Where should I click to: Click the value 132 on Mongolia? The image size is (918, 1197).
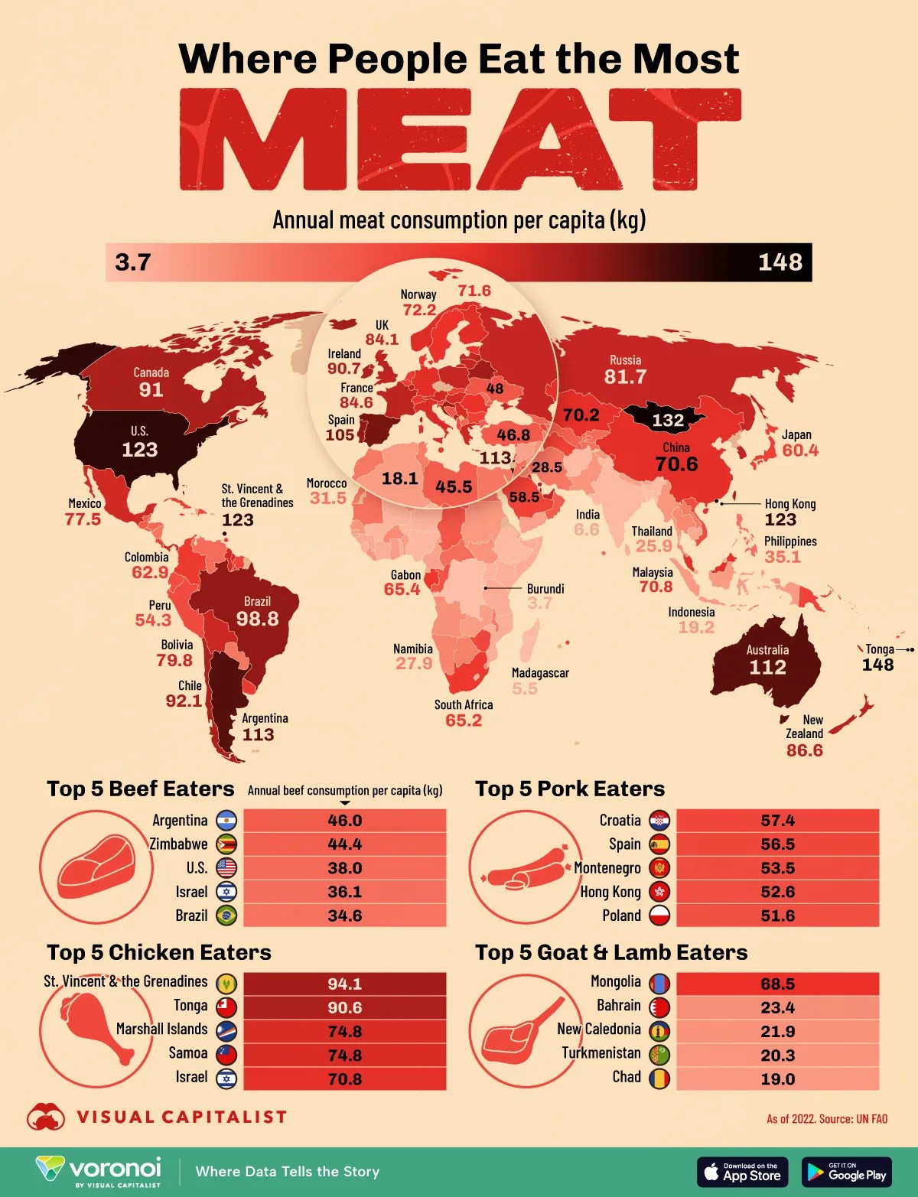[667, 420]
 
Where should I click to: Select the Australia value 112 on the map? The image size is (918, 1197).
[767, 667]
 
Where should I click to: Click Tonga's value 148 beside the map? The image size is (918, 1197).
[877, 665]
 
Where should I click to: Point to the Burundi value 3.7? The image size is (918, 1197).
[539, 603]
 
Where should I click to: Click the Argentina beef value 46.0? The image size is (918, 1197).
[344, 821]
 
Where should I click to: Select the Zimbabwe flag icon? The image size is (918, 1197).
[226, 844]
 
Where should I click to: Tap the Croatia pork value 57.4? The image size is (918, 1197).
[777, 821]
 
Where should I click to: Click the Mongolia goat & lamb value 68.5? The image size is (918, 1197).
[777, 984]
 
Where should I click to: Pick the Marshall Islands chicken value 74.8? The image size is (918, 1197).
[344, 1032]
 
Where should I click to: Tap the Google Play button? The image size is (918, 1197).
[846, 1172]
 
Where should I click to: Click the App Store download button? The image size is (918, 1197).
[742, 1172]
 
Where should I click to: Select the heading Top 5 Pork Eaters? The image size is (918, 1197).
[569, 789]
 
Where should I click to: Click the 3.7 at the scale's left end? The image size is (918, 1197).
[133, 262]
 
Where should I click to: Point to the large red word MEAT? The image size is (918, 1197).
[459, 139]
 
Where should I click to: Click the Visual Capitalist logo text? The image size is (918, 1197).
[182, 1117]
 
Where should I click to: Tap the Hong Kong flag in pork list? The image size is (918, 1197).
[659, 892]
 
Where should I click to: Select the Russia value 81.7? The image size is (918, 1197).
[625, 376]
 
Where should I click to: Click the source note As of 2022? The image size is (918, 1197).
[826, 1119]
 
